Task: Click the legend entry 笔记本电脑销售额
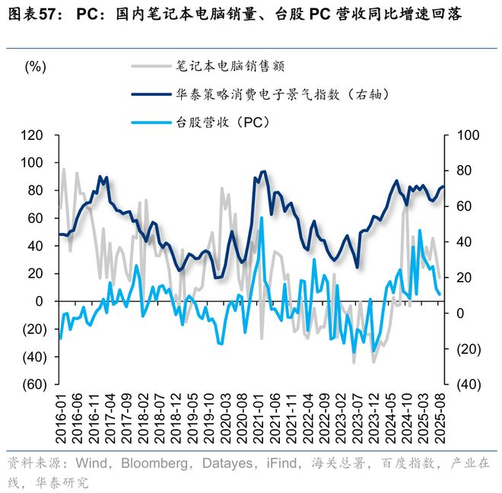[x=230, y=66]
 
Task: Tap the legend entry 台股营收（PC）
[x=223, y=122]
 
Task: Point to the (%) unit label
[x=36, y=67]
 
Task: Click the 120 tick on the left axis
[x=33, y=135]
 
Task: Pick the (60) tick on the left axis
[x=31, y=384]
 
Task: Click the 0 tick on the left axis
[x=40, y=301]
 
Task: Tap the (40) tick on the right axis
[x=466, y=384]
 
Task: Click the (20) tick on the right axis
[x=466, y=349]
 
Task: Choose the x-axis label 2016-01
[x=60, y=416]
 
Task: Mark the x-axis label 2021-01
[x=259, y=416]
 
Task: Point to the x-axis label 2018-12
[x=176, y=416]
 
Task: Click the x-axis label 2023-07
[x=357, y=416]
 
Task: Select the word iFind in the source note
[x=280, y=463]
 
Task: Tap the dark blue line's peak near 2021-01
[x=263, y=172]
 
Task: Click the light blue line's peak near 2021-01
[x=262, y=218]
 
